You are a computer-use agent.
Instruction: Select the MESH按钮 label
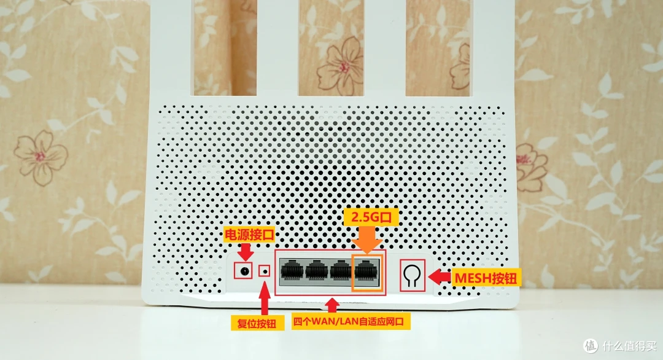click(486, 278)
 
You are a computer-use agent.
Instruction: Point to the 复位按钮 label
click(257, 322)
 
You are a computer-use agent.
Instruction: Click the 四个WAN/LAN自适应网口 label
click(351, 321)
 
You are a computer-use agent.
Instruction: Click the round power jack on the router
click(244, 271)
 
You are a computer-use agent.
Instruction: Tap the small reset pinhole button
click(265, 271)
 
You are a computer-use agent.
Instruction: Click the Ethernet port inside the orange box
click(367, 270)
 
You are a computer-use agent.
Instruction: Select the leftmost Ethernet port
click(292, 270)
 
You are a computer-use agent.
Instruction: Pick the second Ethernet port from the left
click(317, 270)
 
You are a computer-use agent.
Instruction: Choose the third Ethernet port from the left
click(342, 270)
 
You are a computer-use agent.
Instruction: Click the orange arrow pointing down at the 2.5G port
click(367, 238)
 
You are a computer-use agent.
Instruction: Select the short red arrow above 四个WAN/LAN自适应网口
click(332, 303)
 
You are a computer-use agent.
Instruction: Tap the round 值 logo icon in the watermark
click(591, 345)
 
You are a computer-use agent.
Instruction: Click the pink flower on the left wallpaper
click(41, 153)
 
